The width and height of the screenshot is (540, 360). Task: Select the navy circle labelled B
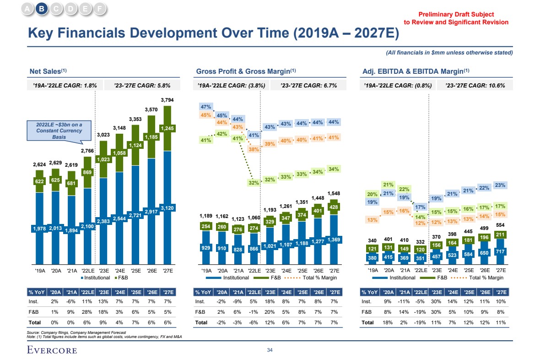42,9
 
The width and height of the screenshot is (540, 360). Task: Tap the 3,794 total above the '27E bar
167,99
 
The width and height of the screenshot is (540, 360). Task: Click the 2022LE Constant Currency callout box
59,131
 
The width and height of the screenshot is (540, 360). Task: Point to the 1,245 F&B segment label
167,128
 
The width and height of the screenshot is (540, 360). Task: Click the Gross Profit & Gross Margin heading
246,71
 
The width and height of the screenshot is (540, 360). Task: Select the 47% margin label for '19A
206,107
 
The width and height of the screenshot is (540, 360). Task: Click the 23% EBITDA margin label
500,185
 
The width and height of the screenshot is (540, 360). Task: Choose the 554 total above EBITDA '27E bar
500,226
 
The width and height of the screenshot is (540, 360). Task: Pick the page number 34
270,350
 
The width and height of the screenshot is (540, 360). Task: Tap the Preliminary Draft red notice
456,18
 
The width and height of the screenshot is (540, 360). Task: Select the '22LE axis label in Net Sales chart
88,270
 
